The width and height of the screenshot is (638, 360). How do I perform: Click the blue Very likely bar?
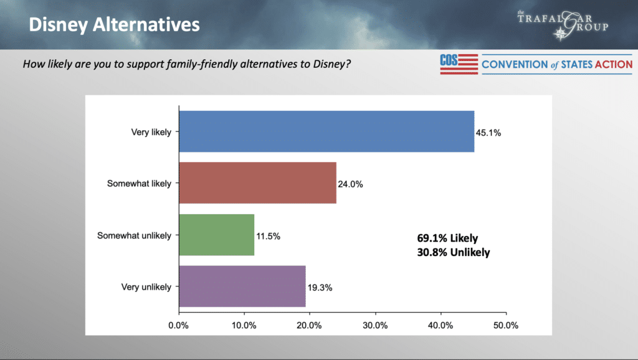(x=326, y=131)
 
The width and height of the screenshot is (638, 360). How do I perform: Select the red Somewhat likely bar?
(x=257, y=183)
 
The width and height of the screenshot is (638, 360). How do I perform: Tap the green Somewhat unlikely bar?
(x=216, y=235)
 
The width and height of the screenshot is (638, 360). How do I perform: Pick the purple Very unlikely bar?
(x=242, y=287)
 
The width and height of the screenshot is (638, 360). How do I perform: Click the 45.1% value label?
(x=489, y=132)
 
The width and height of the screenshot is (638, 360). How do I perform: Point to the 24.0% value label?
(x=351, y=184)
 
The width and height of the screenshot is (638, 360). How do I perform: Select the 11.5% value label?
(x=269, y=235)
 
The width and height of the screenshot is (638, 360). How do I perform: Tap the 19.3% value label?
(x=320, y=287)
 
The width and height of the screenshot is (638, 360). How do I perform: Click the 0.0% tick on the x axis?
(x=179, y=325)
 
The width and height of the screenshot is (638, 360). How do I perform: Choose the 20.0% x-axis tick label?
(x=310, y=325)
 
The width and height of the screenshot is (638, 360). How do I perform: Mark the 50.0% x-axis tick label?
(x=506, y=325)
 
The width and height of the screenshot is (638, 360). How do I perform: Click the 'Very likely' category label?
(x=151, y=132)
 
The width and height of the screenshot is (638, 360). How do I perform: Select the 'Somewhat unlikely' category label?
(x=134, y=235)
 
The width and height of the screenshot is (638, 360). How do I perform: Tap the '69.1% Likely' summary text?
(x=447, y=239)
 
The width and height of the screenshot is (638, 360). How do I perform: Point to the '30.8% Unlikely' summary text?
(x=454, y=253)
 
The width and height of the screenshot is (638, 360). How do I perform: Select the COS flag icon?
(x=458, y=64)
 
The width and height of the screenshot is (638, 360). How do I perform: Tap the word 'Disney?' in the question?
(x=335, y=64)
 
